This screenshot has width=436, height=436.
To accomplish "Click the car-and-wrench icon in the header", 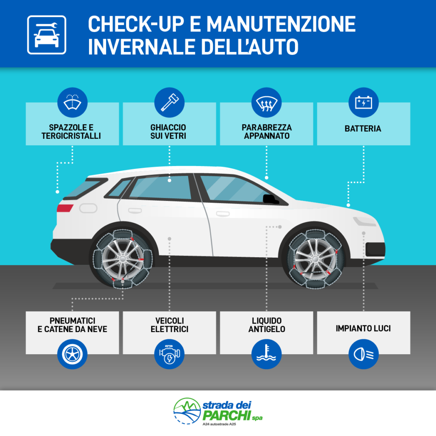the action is point(47,35).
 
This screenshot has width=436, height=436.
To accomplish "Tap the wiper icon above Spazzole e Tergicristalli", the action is point(72,103).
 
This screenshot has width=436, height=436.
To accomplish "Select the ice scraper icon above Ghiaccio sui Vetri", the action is point(169,103).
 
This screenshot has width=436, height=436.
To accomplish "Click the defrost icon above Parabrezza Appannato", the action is point(267,103).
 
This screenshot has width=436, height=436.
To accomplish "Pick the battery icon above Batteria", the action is point(364,103).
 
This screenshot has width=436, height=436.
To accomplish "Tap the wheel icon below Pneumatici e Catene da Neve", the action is point(72,354).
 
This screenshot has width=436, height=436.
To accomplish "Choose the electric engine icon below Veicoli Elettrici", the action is point(169,354).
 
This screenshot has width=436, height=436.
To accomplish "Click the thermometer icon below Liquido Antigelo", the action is point(267,354).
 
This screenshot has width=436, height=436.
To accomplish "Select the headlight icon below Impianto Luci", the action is point(364,354).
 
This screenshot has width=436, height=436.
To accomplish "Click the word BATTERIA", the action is point(363,129).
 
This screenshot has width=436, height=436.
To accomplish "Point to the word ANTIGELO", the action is point(267,329).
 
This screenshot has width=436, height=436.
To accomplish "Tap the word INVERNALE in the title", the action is point(141,47).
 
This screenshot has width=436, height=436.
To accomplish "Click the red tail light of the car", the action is point(65,208).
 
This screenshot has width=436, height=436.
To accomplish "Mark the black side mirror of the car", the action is point(270,199).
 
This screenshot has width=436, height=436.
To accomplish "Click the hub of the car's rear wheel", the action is point(123,259).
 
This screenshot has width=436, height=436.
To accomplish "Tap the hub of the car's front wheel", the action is point(316,259).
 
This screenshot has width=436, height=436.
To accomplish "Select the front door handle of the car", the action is point(223,214).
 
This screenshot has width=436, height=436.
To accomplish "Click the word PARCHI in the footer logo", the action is point(227,416).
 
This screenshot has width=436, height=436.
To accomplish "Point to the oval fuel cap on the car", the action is point(88,208).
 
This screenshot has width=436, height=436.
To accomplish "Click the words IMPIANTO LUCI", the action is point(363,328).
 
